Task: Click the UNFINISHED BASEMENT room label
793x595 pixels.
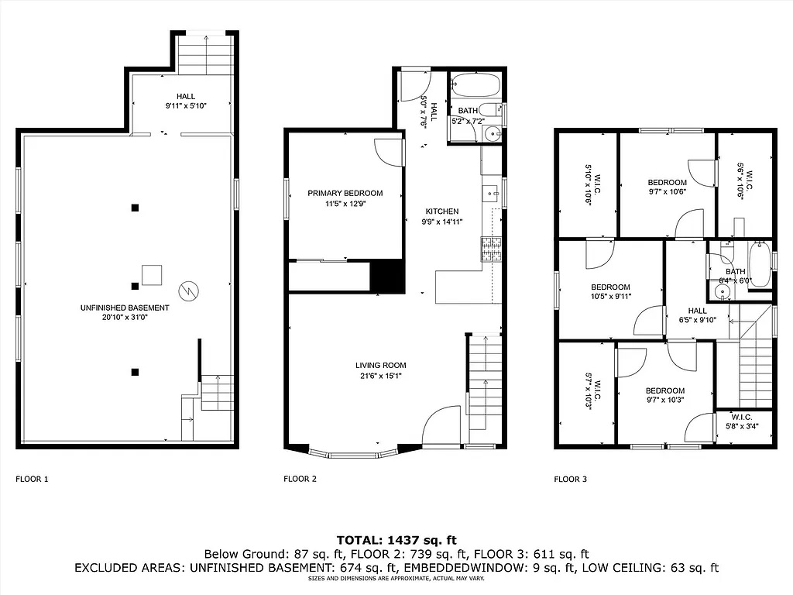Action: click(125, 308)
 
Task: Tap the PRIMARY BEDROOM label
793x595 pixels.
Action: click(345, 193)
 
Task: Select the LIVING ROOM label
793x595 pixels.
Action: click(380, 366)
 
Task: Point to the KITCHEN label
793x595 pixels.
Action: click(442, 212)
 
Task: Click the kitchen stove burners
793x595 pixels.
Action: click(491, 249)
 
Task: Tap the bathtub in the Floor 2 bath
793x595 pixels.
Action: click(475, 84)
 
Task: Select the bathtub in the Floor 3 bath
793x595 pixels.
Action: click(760, 265)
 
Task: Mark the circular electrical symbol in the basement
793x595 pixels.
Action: click(189, 291)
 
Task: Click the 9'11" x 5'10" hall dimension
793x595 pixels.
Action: click(186, 106)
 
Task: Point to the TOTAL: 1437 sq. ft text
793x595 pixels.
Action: click(396, 540)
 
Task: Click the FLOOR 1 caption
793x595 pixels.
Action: click(32, 479)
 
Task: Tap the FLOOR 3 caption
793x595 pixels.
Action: click(571, 479)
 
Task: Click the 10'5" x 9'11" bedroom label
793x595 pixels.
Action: click(611, 297)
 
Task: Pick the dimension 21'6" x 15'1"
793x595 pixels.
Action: click(381, 376)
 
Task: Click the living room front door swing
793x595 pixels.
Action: click(441, 426)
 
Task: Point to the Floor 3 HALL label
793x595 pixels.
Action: click(698, 311)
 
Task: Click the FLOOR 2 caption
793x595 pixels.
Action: click(300, 479)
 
